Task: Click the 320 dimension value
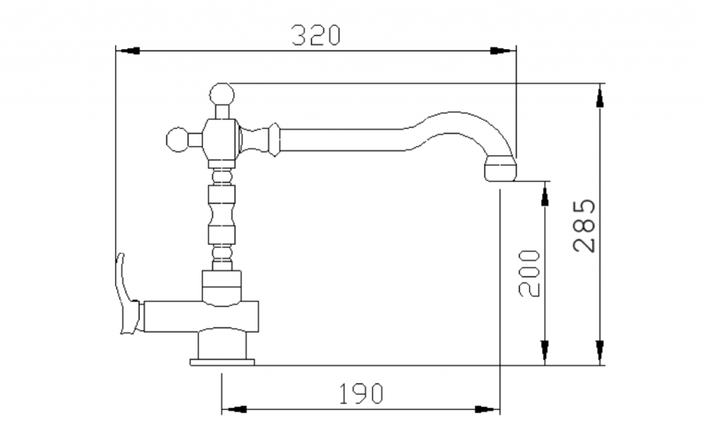pos(316,35)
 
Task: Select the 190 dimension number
pos(360,393)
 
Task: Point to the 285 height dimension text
pos(584,225)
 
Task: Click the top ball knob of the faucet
pos(222,95)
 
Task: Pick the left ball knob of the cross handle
pos(177,139)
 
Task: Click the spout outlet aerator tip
pos(501,168)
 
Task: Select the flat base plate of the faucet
pos(222,362)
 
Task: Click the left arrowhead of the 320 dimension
pos(128,50)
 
